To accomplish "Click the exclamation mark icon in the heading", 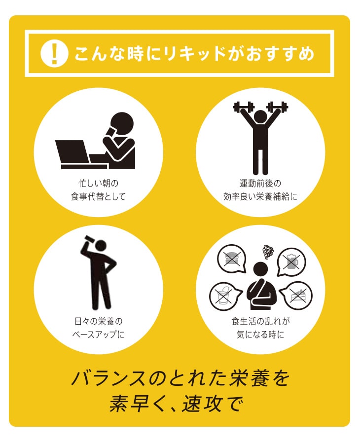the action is (x=54, y=54).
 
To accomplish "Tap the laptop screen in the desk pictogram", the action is (x=72, y=151).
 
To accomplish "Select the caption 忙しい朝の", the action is (x=99, y=184).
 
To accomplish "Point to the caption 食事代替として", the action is (x=98, y=197).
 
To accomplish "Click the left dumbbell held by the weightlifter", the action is (x=243, y=107).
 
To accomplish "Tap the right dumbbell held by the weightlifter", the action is (x=277, y=107).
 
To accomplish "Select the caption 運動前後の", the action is (x=260, y=184).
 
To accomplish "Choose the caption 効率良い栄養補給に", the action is (x=260, y=197).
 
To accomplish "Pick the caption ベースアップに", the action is (x=98, y=334).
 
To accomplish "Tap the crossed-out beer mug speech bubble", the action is (x=291, y=262).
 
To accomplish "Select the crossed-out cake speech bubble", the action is (x=296, y=296).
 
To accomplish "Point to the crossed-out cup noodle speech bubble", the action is (x=224, y=297).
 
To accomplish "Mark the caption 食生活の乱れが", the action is (x=260, y=321).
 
